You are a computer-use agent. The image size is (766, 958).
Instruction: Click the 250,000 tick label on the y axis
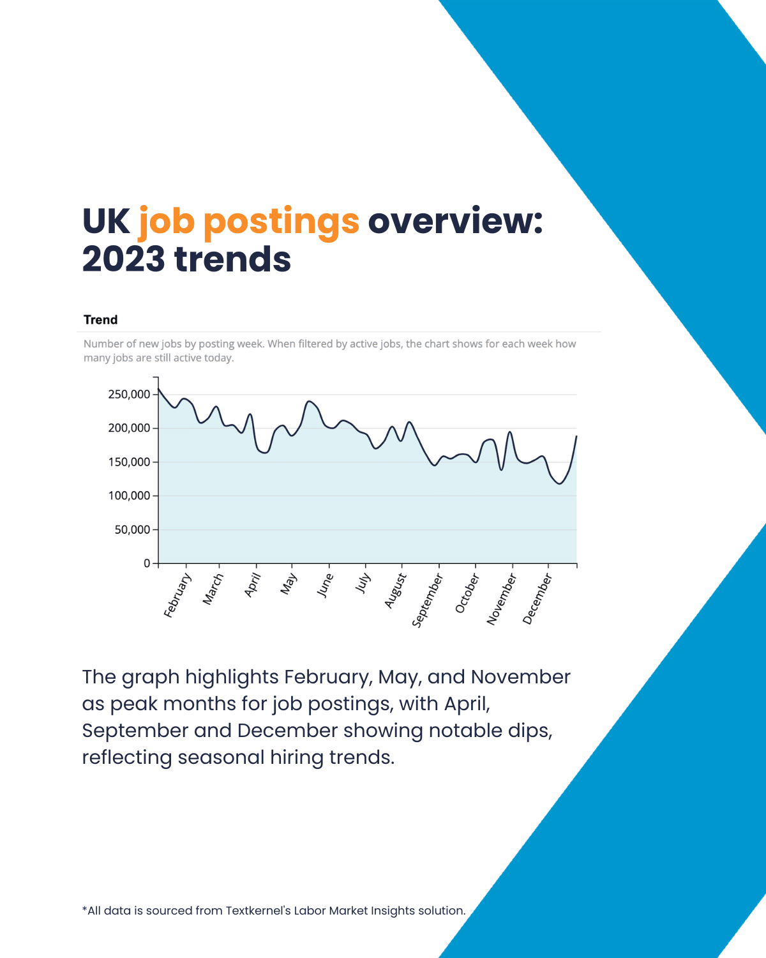129,395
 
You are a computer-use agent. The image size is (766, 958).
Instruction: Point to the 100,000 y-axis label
129,496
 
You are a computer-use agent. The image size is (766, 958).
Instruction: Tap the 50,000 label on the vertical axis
132,529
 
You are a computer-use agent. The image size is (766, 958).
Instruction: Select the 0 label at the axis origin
147,563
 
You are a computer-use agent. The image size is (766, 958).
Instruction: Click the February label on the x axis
177,596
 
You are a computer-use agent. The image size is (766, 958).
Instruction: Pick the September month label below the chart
427,600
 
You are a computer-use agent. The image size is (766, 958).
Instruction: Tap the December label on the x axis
537,599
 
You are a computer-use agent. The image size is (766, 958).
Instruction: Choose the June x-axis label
325,585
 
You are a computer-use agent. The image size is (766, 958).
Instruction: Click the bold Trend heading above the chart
101,319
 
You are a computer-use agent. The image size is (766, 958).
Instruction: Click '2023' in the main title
123,259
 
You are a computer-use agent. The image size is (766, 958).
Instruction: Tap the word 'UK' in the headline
106,221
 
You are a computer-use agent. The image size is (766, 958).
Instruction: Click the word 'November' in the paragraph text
520,677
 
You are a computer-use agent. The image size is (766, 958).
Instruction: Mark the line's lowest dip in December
559,483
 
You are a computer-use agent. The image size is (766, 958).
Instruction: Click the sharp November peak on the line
510,432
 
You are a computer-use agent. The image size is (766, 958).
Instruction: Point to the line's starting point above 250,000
159,389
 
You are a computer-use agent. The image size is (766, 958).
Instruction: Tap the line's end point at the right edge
576,436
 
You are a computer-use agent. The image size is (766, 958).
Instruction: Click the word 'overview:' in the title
455,221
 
